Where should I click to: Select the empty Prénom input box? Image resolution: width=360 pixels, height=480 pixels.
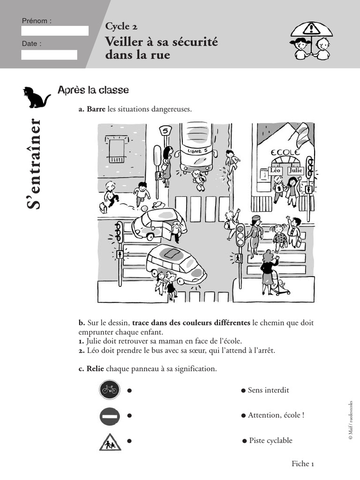pyautogui.click(x=55, y=31)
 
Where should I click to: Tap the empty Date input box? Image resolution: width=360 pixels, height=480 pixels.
pyautogui.click(x=49, y=54)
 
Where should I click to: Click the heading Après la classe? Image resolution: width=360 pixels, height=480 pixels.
pyautogui.click(x=93, y=90)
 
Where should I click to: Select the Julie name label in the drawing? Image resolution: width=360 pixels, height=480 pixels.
pyautogui.click(x=296, y=171)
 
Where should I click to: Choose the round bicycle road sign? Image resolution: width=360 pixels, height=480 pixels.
pyautogui.click(x=110, y=390)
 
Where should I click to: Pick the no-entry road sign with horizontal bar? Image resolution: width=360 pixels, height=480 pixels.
pyautogui.click(x=110, y=416)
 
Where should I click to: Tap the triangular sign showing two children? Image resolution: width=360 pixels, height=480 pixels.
pyautogui.click(x=110, y=442)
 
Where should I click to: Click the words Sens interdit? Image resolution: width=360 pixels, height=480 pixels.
pyautogui.click(x=268, y=390)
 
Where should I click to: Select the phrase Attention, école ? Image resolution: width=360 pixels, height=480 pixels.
pyautogui.click(x=276, y=415)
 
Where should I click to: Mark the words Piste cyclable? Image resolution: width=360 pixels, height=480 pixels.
pyautogui.click(x=270, y=441)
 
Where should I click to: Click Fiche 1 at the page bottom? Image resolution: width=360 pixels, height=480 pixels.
pyautogui.click(x=302, y=464)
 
